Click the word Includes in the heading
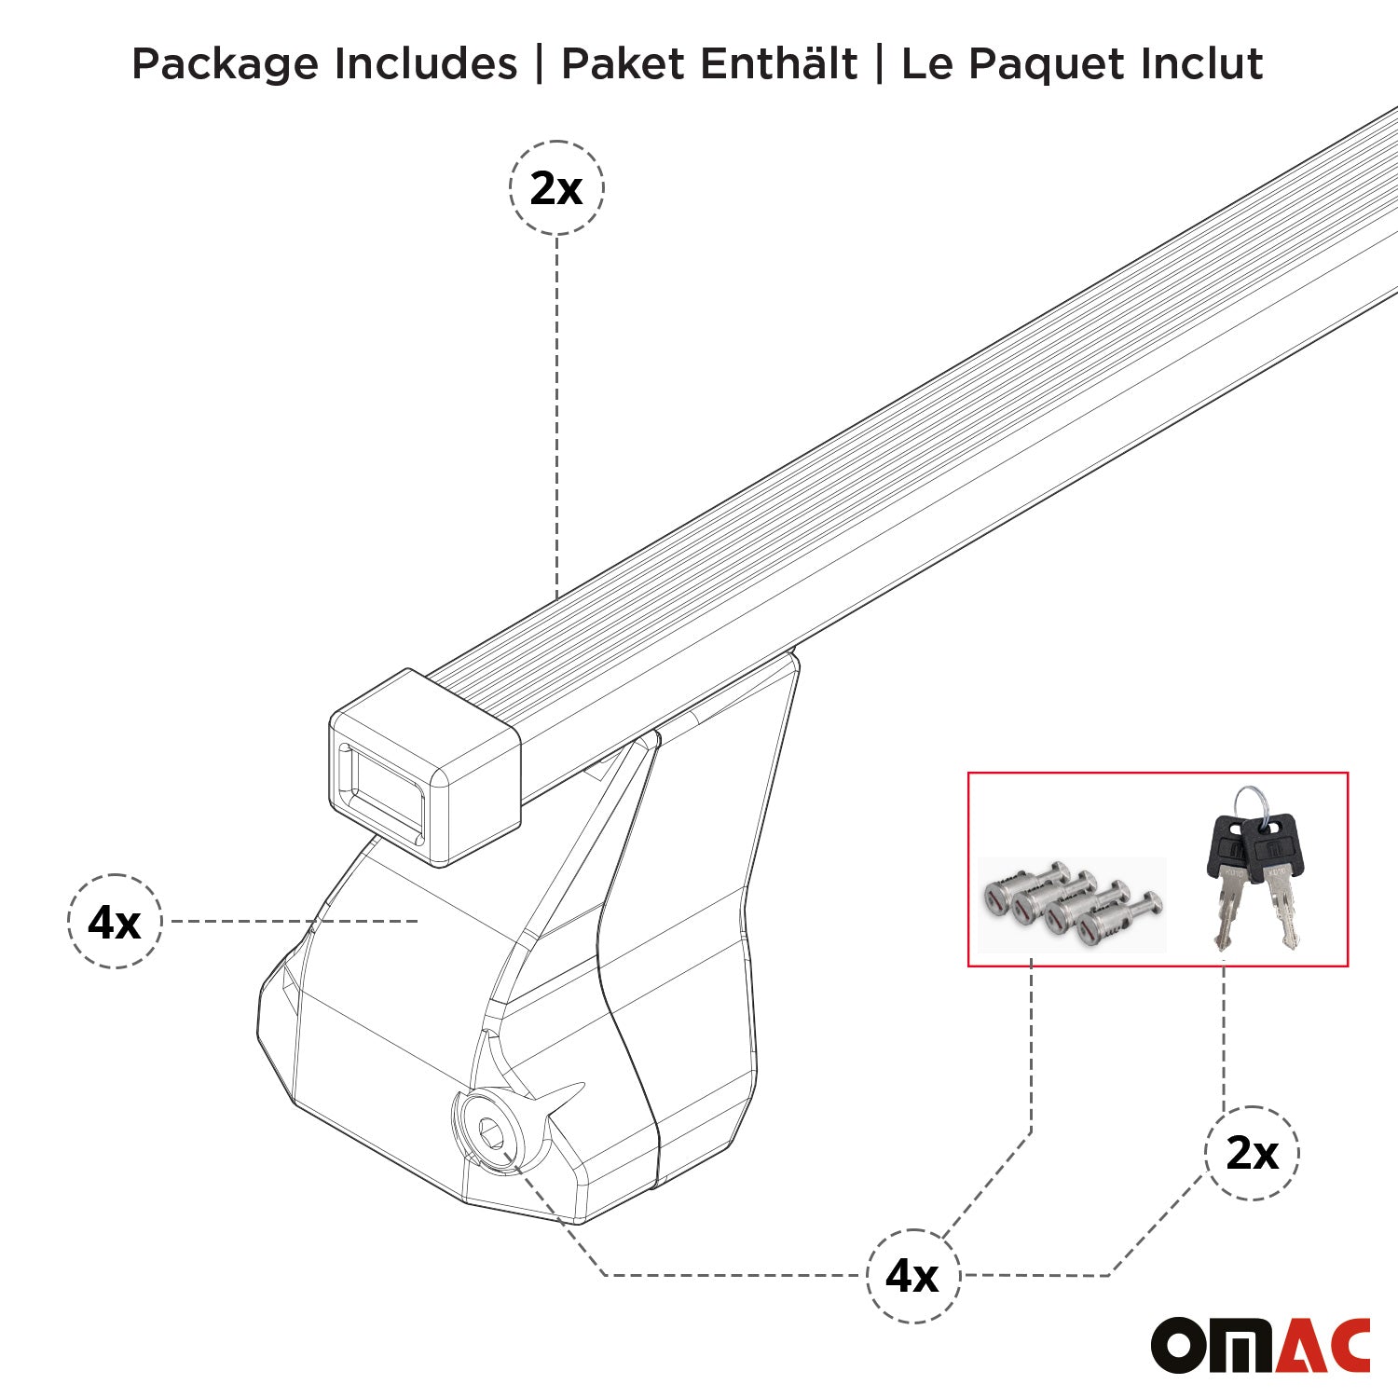(425, 64)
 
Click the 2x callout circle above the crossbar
(556, 188)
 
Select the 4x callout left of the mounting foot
(115, 922)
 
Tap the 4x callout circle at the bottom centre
(912, 1276)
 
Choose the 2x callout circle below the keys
(1252, 1154)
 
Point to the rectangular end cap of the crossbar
(424, 767)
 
